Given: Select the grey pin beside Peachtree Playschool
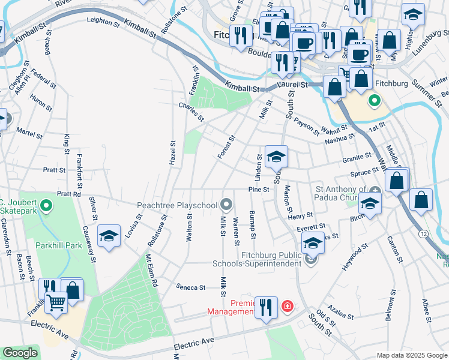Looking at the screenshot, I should [x=226, y=205].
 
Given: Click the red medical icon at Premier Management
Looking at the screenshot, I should [x=288, y=307].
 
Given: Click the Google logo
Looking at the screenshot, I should [x=20, y=353].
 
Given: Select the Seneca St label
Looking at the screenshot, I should [x=191, y=287].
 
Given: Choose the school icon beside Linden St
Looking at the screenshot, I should [x=276, y=157].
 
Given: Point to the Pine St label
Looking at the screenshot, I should [x=257, y=190].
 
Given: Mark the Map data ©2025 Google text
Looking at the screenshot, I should [x=412, y=355].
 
